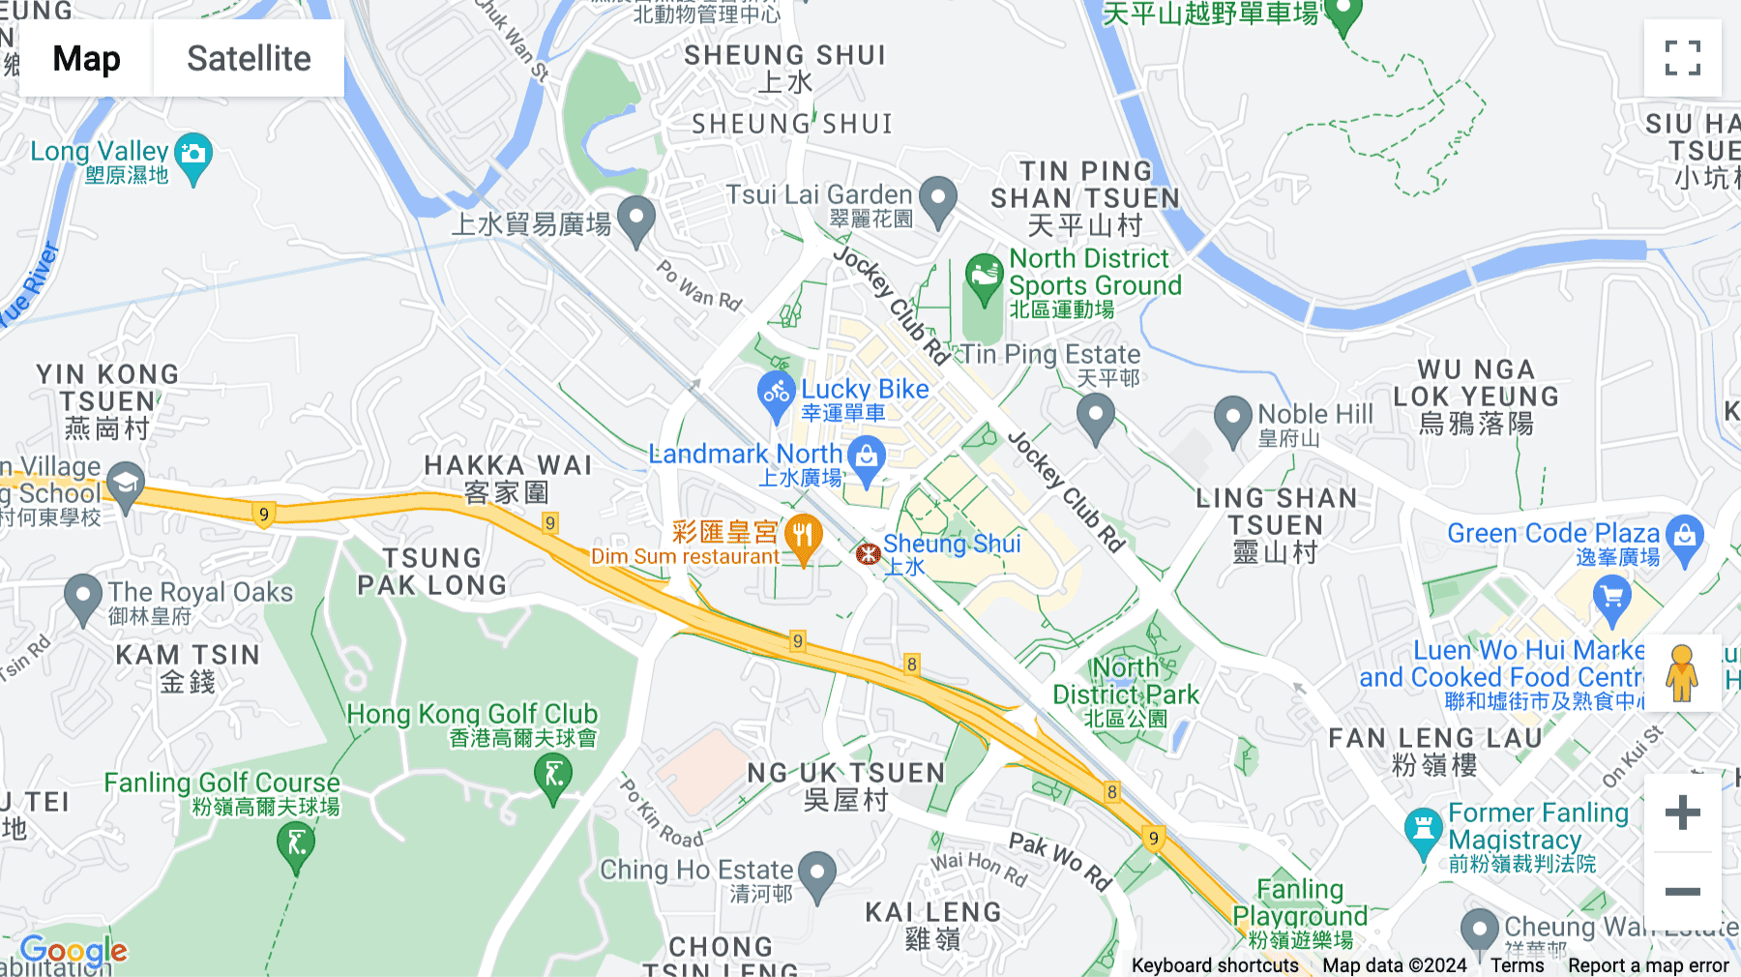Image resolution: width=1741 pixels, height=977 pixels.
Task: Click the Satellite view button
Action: pyautogui.click(x=249, y=59)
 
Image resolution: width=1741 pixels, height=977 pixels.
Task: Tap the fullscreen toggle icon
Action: pyautogui.click(x=1682, y=58)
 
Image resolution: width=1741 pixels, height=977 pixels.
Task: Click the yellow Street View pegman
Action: pyautogui.click(x=1682, y=673)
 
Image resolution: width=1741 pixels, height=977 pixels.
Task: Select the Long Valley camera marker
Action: pyautogui.click(x=194, y=156)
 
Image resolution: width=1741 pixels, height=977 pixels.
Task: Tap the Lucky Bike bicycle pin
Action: pyautogui.click(x=776, y=394)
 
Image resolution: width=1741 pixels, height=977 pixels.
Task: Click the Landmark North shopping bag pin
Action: pyautogui.click(x=867, y=456)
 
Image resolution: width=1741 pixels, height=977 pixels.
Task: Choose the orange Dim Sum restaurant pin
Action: pyautogui.click(x=803, y=536)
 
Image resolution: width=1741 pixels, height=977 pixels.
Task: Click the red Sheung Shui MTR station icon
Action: pyautogui.click(x=868, y=553)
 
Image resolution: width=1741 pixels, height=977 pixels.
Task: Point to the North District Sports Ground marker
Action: pyautogui.click(x=984, y=277)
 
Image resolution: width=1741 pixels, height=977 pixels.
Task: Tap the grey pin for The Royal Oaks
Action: pyautogui.click(x=83, y=596)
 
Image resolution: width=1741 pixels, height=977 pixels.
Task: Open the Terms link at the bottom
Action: pyautogui.click(x=1517, y=965)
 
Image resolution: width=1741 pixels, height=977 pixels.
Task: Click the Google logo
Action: pyautogui.click(x=74, y=951)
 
